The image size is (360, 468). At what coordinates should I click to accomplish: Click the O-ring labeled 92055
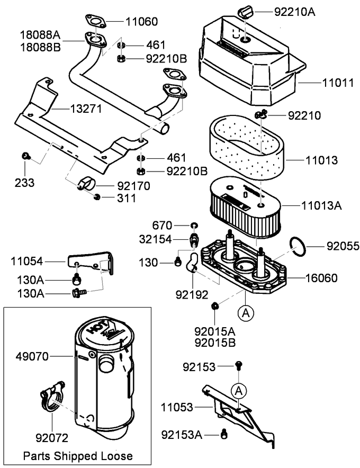coord(299,246)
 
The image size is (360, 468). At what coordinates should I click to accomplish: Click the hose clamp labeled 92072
coord(52,399)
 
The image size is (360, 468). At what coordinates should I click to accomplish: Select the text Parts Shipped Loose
coord(78,456)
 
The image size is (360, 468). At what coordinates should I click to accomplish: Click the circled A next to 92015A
coord(245,313)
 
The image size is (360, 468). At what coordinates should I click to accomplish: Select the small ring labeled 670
coord(194,226)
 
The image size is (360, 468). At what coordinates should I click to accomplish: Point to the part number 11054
coord(29,260)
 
